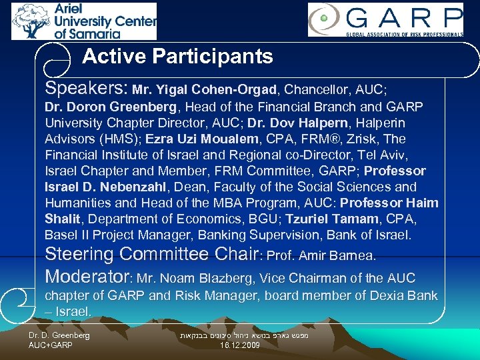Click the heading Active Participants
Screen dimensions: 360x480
(x=177, y=57)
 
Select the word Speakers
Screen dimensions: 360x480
(x=85, y=88)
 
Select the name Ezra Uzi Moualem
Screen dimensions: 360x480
(x=213, y=139)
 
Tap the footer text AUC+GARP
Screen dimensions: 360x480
(x=51, y=346)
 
